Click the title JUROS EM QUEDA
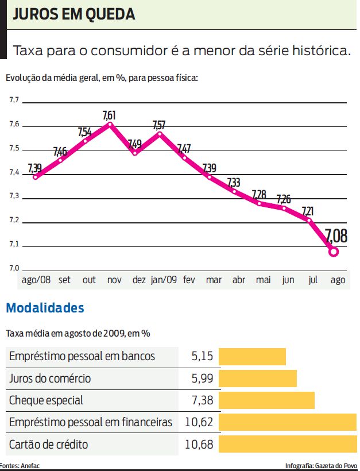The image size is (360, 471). point(74,15)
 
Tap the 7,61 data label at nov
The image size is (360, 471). point(109,116)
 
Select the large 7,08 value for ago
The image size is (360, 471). point(336,236)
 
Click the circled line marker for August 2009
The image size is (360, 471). point(333,251)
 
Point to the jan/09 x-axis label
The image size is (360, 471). point(164,280)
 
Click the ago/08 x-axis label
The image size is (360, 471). point(36,280)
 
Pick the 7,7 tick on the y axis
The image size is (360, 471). point(14,101)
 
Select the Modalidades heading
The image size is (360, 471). point(45,308)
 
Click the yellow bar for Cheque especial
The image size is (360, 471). point(266,400)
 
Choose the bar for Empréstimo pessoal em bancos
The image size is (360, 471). point(252,356)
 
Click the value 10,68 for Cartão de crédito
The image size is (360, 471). point(199,445)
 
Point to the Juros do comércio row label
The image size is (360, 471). point(50,379)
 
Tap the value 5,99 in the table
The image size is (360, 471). point(202,379)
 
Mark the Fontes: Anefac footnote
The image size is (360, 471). point(20,466)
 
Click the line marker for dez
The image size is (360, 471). point(136,153)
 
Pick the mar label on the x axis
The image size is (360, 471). point(214,280)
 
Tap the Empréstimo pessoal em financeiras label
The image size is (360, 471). point(91,423)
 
